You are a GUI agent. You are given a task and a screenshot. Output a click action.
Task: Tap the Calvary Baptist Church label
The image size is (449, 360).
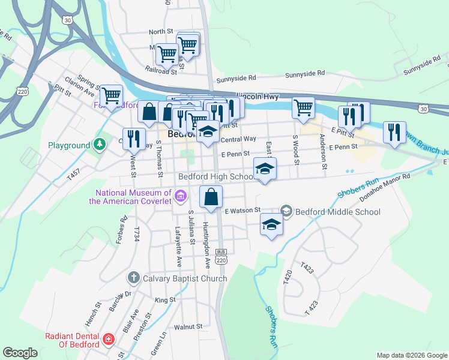[x=185, y=278]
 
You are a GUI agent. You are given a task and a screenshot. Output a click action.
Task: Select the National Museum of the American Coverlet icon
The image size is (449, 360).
[x=179, y=196]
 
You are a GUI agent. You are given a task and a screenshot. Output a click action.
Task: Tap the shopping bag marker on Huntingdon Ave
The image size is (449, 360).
[x=211, y=197]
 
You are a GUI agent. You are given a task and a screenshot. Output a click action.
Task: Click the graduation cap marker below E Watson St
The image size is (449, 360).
[x=271, y=225]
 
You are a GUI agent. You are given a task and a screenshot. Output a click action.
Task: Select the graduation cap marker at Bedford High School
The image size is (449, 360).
[x=265, y=169]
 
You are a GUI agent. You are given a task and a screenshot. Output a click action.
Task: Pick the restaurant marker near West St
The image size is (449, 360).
[x=134, y=139]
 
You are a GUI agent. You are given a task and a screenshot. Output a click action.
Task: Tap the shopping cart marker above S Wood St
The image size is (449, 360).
[x=304, y=108]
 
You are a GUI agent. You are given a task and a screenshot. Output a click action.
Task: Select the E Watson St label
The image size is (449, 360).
[x=242, y=211]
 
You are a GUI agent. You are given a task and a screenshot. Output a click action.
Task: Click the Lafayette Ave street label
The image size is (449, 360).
[x=178, y=246]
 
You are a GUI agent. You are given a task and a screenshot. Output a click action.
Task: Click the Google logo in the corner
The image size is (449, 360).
[x=20, y=353]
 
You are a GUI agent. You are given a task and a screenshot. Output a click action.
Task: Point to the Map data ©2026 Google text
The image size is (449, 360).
[x=411, y=355]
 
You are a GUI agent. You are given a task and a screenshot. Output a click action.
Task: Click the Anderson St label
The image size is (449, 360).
[x=322, y=152]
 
